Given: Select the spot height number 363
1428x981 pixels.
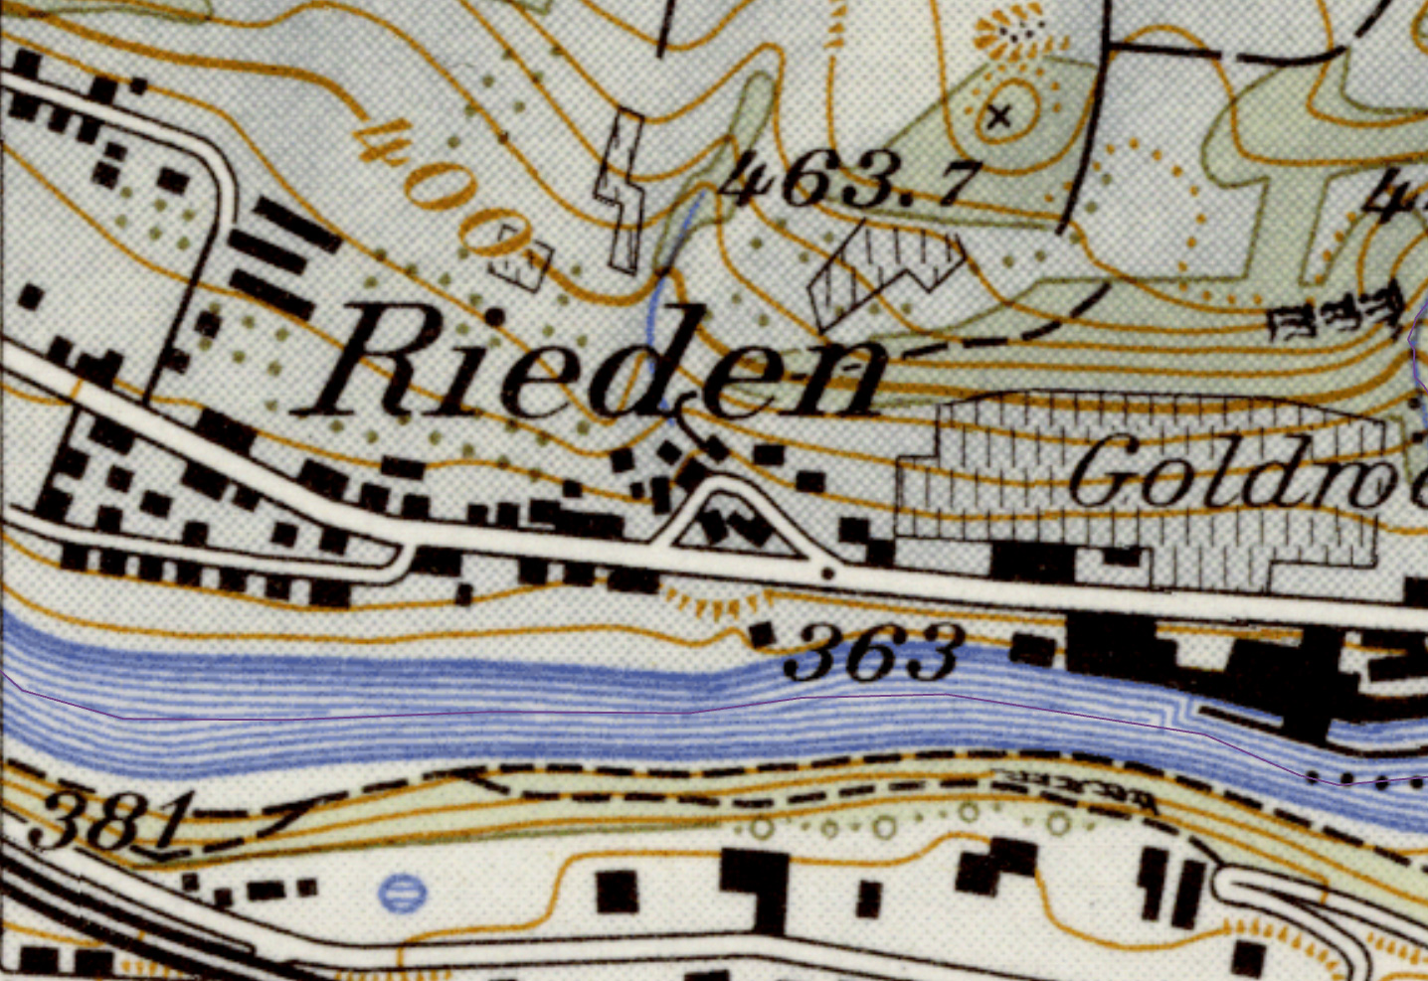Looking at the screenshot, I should pos(872,652).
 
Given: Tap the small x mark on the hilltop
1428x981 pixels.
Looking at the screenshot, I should pos(1000,116).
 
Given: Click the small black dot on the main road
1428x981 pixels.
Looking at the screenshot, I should pos(827,573).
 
